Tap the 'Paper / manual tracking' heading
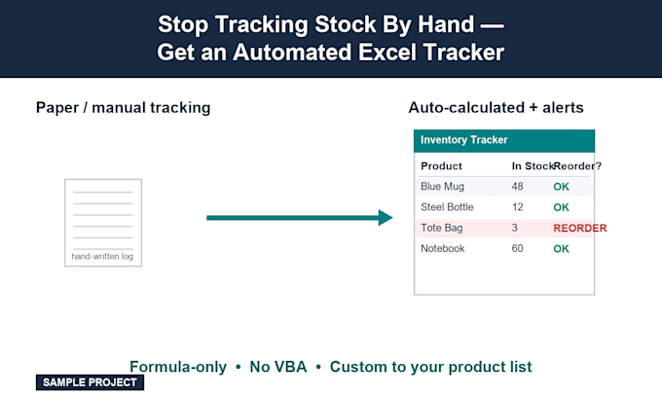tap(124, 108)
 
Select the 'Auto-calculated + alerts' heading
tap(496, 108)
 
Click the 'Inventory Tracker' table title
tap(464, 140)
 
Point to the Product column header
tap(441, 165)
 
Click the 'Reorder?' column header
tap(577, 165)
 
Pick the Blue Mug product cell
tap(442, 187)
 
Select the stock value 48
tap(517, 186)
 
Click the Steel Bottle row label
tap(447, 207)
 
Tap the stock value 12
tap(517, 207)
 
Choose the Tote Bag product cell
tap(441, 228)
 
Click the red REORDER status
tap(579, 228)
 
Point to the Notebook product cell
tap(442, 248)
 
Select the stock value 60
tap(517, 248)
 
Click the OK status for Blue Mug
tap(561, 187)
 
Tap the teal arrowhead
tap(386, 218)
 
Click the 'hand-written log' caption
tap(102, 257)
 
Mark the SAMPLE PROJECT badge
tap(90, 382)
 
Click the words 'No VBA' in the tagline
tap(278, 367)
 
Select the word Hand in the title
tap(446, 24)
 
